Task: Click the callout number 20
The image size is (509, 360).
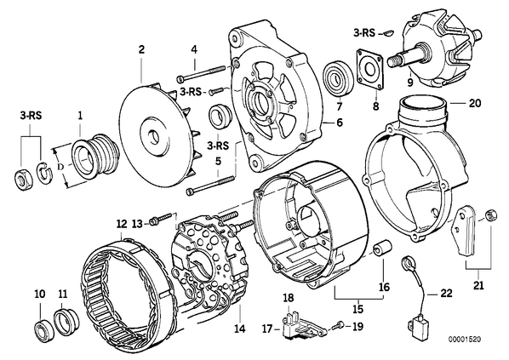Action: point(475,103)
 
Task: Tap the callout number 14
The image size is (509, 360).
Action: point(239,329)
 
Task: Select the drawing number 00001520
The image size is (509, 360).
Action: point(465,340)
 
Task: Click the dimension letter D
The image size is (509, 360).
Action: point(60,167)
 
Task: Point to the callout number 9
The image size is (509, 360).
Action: point(409,83)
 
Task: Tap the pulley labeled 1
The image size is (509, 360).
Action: point(93,156)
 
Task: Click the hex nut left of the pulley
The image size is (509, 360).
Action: point(23,179)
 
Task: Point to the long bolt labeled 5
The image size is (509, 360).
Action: point(209,185)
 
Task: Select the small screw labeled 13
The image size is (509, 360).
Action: point(160,219)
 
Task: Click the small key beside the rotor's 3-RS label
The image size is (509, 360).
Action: point(388,32)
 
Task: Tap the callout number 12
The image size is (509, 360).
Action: point(122,225)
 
